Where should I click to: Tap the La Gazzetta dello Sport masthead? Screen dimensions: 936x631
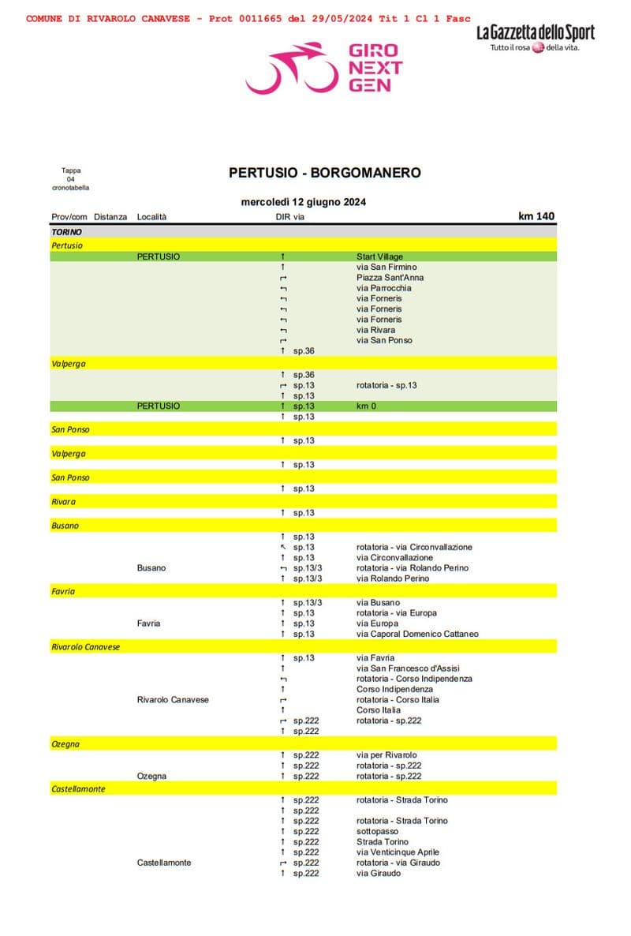535,33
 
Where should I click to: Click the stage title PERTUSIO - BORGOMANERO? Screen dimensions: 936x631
324,172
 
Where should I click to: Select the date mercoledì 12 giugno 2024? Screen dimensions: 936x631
303,202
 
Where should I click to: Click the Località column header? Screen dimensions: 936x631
151,217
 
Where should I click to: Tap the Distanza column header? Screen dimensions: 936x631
110,217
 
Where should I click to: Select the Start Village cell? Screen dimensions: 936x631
380,256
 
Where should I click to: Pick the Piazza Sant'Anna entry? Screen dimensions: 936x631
390,278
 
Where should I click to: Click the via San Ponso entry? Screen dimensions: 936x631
384,340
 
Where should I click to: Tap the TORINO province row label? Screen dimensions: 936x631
66,232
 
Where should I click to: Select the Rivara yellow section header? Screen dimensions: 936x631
64,502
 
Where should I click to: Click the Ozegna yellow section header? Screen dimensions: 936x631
65,744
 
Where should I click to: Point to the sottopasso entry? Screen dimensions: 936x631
377,831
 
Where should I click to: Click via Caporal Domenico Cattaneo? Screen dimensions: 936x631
417,634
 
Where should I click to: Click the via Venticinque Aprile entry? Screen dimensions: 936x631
398,852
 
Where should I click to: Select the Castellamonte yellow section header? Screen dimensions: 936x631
78,788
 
